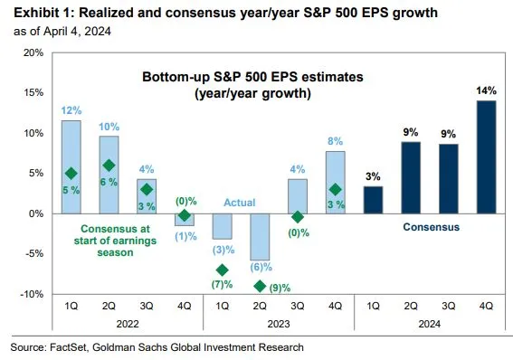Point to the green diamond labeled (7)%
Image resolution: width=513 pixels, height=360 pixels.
tap(223, 270)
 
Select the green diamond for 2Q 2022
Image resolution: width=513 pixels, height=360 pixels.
tap(109, 166)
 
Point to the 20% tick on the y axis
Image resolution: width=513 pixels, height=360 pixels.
tap(31, 52)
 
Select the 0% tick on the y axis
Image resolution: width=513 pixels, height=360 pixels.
tap(33, 213)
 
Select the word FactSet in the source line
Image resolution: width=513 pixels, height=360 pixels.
tap(72, 346)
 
